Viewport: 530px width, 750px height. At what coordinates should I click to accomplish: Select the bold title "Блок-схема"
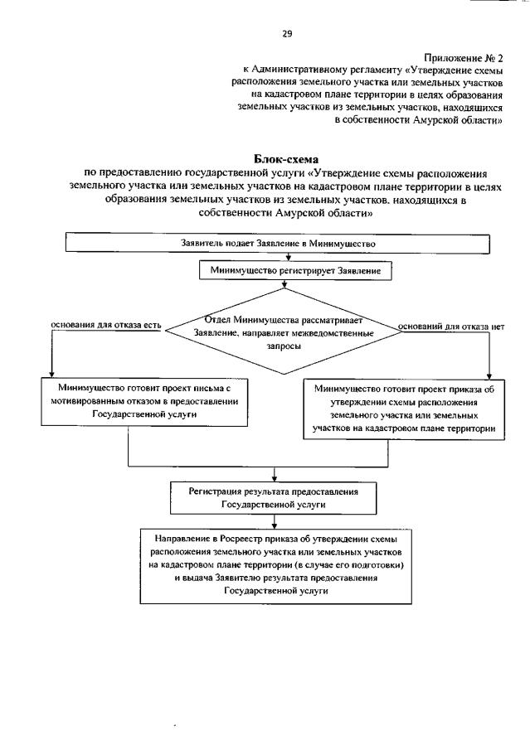pyautogui.click(x=285, y=157)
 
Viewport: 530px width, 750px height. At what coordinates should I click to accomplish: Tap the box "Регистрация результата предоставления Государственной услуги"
pyautogui.click(x=273, y=497)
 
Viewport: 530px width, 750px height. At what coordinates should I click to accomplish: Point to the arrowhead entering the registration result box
pyautogui.click(x=274, y=478)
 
